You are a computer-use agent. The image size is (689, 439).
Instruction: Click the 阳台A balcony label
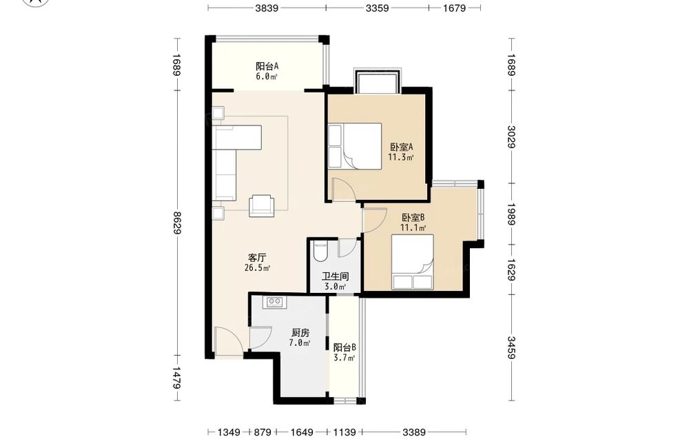tap(267, 67)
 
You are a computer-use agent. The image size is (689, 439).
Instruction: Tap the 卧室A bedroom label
tap(401, 147)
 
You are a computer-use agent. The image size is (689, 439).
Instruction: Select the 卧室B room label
tap(413, 218)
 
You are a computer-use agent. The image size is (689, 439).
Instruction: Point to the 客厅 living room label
tap(257, 258)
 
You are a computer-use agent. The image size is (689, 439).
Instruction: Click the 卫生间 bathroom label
tap(336, 276)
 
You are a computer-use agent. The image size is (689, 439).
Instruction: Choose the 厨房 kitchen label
tap(300, 333)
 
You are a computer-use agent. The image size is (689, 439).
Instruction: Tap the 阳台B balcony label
tap(344, 347)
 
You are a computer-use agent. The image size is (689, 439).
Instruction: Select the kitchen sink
tap(275, 301)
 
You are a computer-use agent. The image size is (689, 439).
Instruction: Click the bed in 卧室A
tap(355, 146)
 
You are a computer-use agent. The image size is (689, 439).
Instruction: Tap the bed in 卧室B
tap(413, 262)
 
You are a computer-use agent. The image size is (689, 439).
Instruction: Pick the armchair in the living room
tap(261, 205)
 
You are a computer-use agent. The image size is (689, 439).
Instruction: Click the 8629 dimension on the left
tap(177, 223)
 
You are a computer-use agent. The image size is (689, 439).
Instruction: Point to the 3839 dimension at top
tap(267, 8)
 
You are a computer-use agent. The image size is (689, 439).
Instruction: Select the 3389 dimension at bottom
tap(413, 432)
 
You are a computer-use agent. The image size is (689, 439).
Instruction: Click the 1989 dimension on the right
tap(511, 214)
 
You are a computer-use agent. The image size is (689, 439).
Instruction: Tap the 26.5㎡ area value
tap(257, 267)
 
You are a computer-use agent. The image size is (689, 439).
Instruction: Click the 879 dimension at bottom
tap(263, 432)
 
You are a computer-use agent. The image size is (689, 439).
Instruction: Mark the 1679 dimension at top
tap(454, 8)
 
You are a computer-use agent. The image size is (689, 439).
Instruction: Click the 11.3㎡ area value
tap(401, 157)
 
